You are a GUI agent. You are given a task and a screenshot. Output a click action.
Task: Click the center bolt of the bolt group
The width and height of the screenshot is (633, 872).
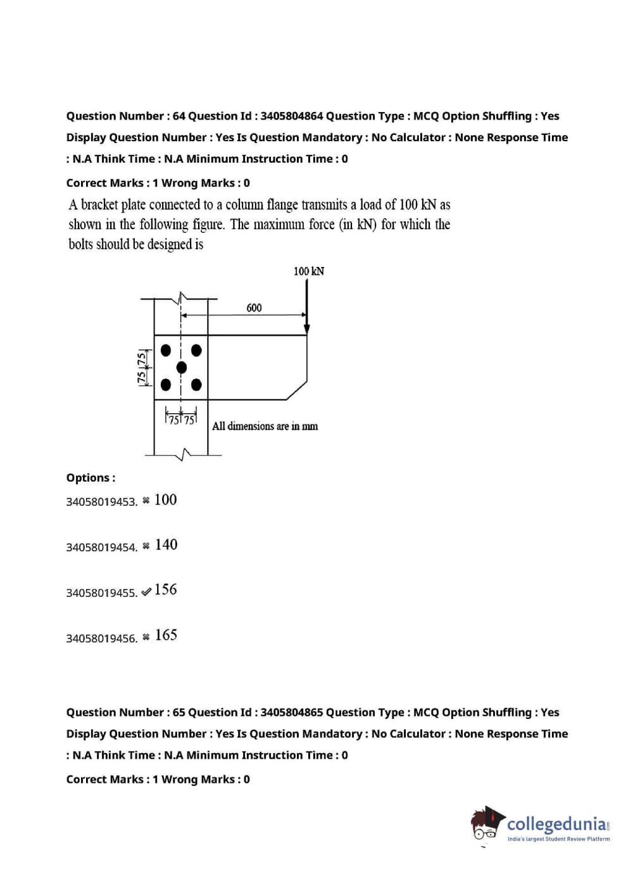(x=182, y=368)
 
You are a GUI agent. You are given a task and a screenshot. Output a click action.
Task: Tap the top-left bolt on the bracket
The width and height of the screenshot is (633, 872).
(x=166, y=350)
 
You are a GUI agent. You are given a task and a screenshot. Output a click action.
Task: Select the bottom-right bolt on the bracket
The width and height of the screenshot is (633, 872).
(x=196, y=385)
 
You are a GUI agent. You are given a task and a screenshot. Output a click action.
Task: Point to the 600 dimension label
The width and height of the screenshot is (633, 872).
(x=254, y=308)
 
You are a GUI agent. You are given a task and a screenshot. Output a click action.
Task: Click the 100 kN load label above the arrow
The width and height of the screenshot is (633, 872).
(x=309, y=271)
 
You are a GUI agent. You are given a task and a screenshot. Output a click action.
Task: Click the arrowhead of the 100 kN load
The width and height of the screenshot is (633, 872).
(x=307, y=328)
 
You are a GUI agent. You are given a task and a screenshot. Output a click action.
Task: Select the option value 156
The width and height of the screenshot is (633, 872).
(x=166, y=590)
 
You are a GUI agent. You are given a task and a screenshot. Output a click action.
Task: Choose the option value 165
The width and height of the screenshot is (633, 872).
(x=166, y=635)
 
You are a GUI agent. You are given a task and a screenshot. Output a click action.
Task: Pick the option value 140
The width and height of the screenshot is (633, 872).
(x=166, y=545)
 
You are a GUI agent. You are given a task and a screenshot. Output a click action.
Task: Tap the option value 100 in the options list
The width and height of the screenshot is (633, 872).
(x=166, y=500)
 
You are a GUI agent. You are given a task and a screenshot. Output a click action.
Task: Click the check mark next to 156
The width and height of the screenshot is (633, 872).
(x=146, y=592)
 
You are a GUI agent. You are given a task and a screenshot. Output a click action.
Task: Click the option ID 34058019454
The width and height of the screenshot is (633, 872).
(x=101, y=547)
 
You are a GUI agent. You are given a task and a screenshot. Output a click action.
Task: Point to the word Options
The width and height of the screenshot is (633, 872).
(x=91, y=478)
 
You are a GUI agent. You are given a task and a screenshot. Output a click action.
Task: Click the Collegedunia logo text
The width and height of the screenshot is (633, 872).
(x=556, y=824)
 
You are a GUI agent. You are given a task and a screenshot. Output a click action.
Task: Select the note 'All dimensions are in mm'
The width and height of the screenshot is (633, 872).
(x=265, y=427)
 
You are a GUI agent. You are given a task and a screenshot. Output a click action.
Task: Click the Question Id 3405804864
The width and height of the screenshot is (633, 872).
(x=291, y=116)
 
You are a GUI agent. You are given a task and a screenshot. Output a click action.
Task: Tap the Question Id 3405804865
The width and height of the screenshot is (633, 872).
(x=291, y=713)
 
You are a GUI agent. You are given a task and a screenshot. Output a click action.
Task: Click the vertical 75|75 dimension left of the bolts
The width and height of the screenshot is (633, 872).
(x=143, y=367)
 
